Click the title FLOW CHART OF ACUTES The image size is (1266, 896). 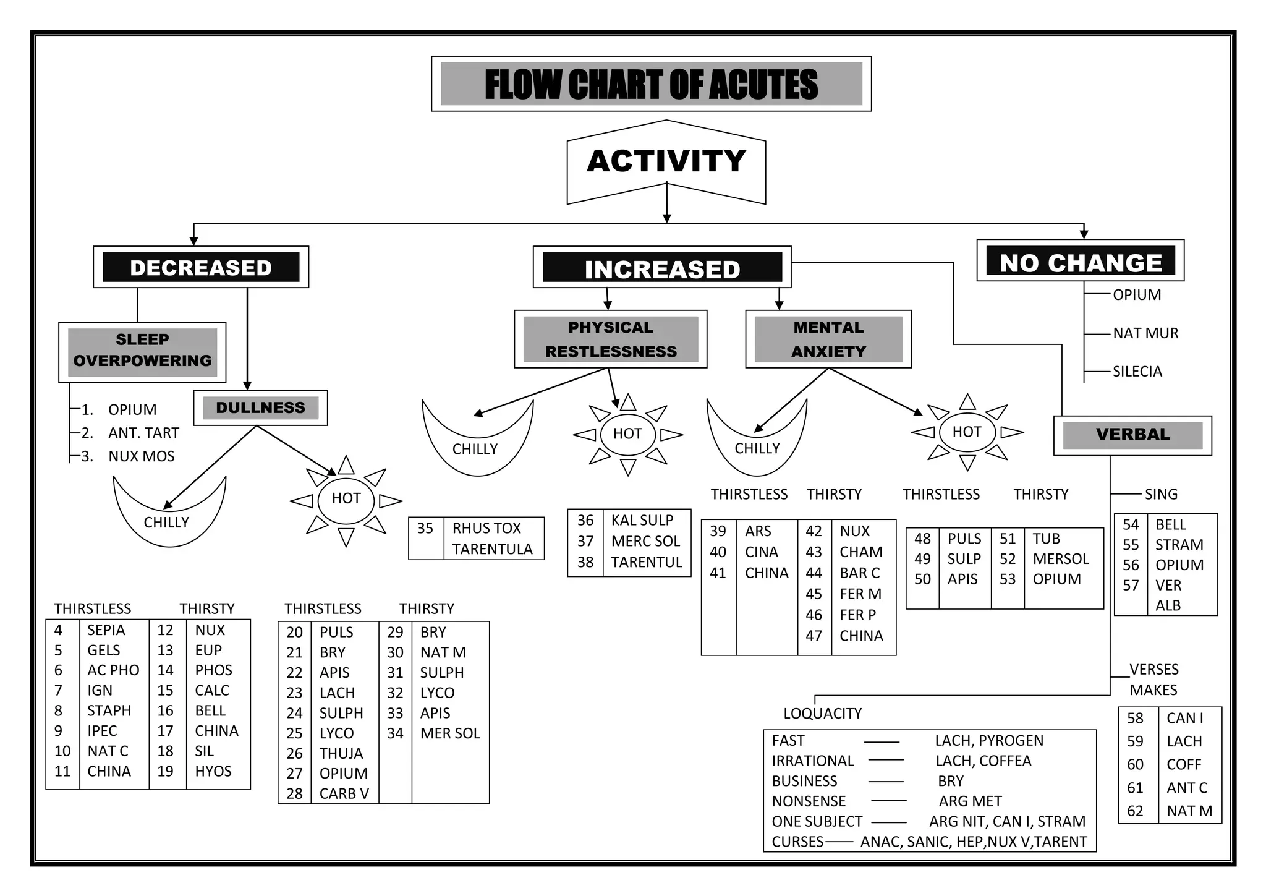pyautogui.click(x=651, y=84)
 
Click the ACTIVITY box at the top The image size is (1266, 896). pyautogui.click(x=666, y=161)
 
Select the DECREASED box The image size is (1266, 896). pyautogui.click(x=201, y=267)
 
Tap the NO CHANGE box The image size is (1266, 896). pyautogui.click(x=1080, y=262)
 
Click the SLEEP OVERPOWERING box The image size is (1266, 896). pyautogui.click(x=142, y=351)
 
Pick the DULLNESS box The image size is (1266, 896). pyautogui.click(x=260, y=407)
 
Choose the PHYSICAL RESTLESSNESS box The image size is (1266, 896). pyautogui.click(x=610, y=339)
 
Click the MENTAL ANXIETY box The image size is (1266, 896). pyautogui.click(x=828, y=339)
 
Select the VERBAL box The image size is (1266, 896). pyautogui.click(x=1132, y=435)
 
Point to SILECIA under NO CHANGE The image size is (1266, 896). pyautogui.click(x=1137, y=372)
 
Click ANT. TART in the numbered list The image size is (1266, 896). pyautogui.click(x=143, y=433)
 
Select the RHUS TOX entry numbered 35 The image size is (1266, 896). pyautogui.click(x=486, y=528)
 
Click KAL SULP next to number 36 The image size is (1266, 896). pyautogui.click(x=642, y=520)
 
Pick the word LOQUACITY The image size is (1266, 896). pyautogui.click(x=822, y=714)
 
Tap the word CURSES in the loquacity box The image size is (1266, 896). pyautogui.click(x=797, y=842)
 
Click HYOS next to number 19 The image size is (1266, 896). pyautogui.click(x=213, y=771)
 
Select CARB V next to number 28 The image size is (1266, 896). pyautogui.click(x=344, y=793)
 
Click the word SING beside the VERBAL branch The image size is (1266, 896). pyautogui.click(x=1160, y=494)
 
